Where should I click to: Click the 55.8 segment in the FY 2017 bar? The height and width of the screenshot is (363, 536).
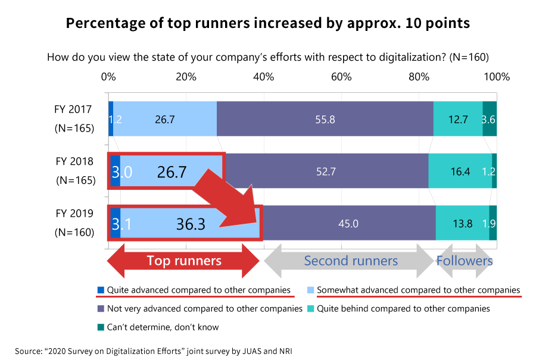[325, 119]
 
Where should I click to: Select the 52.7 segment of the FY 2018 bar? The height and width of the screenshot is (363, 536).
[326, 171]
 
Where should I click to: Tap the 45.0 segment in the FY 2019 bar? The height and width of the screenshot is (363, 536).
[348, 224]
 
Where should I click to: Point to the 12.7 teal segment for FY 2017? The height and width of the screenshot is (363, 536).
[457, 119]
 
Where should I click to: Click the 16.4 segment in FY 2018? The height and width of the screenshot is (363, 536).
[460, 171]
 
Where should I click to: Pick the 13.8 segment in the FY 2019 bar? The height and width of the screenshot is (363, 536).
[462, 224]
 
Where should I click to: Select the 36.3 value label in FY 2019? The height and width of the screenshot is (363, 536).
[191, 224]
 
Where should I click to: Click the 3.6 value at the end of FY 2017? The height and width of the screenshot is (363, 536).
[489, 119]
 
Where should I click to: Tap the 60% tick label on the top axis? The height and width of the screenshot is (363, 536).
[341, 77]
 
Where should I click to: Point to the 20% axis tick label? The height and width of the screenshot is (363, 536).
[186, 77]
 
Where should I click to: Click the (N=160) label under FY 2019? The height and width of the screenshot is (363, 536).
[74, 232]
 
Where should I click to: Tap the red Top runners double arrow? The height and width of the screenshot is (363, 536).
[184, 261]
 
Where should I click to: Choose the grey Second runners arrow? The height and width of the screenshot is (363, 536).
[350, 261]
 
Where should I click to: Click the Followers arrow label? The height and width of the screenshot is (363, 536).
[465, 261]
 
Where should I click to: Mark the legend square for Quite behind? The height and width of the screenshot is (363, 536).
[311, 309]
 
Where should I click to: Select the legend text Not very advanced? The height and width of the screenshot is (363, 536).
[204, 309]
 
